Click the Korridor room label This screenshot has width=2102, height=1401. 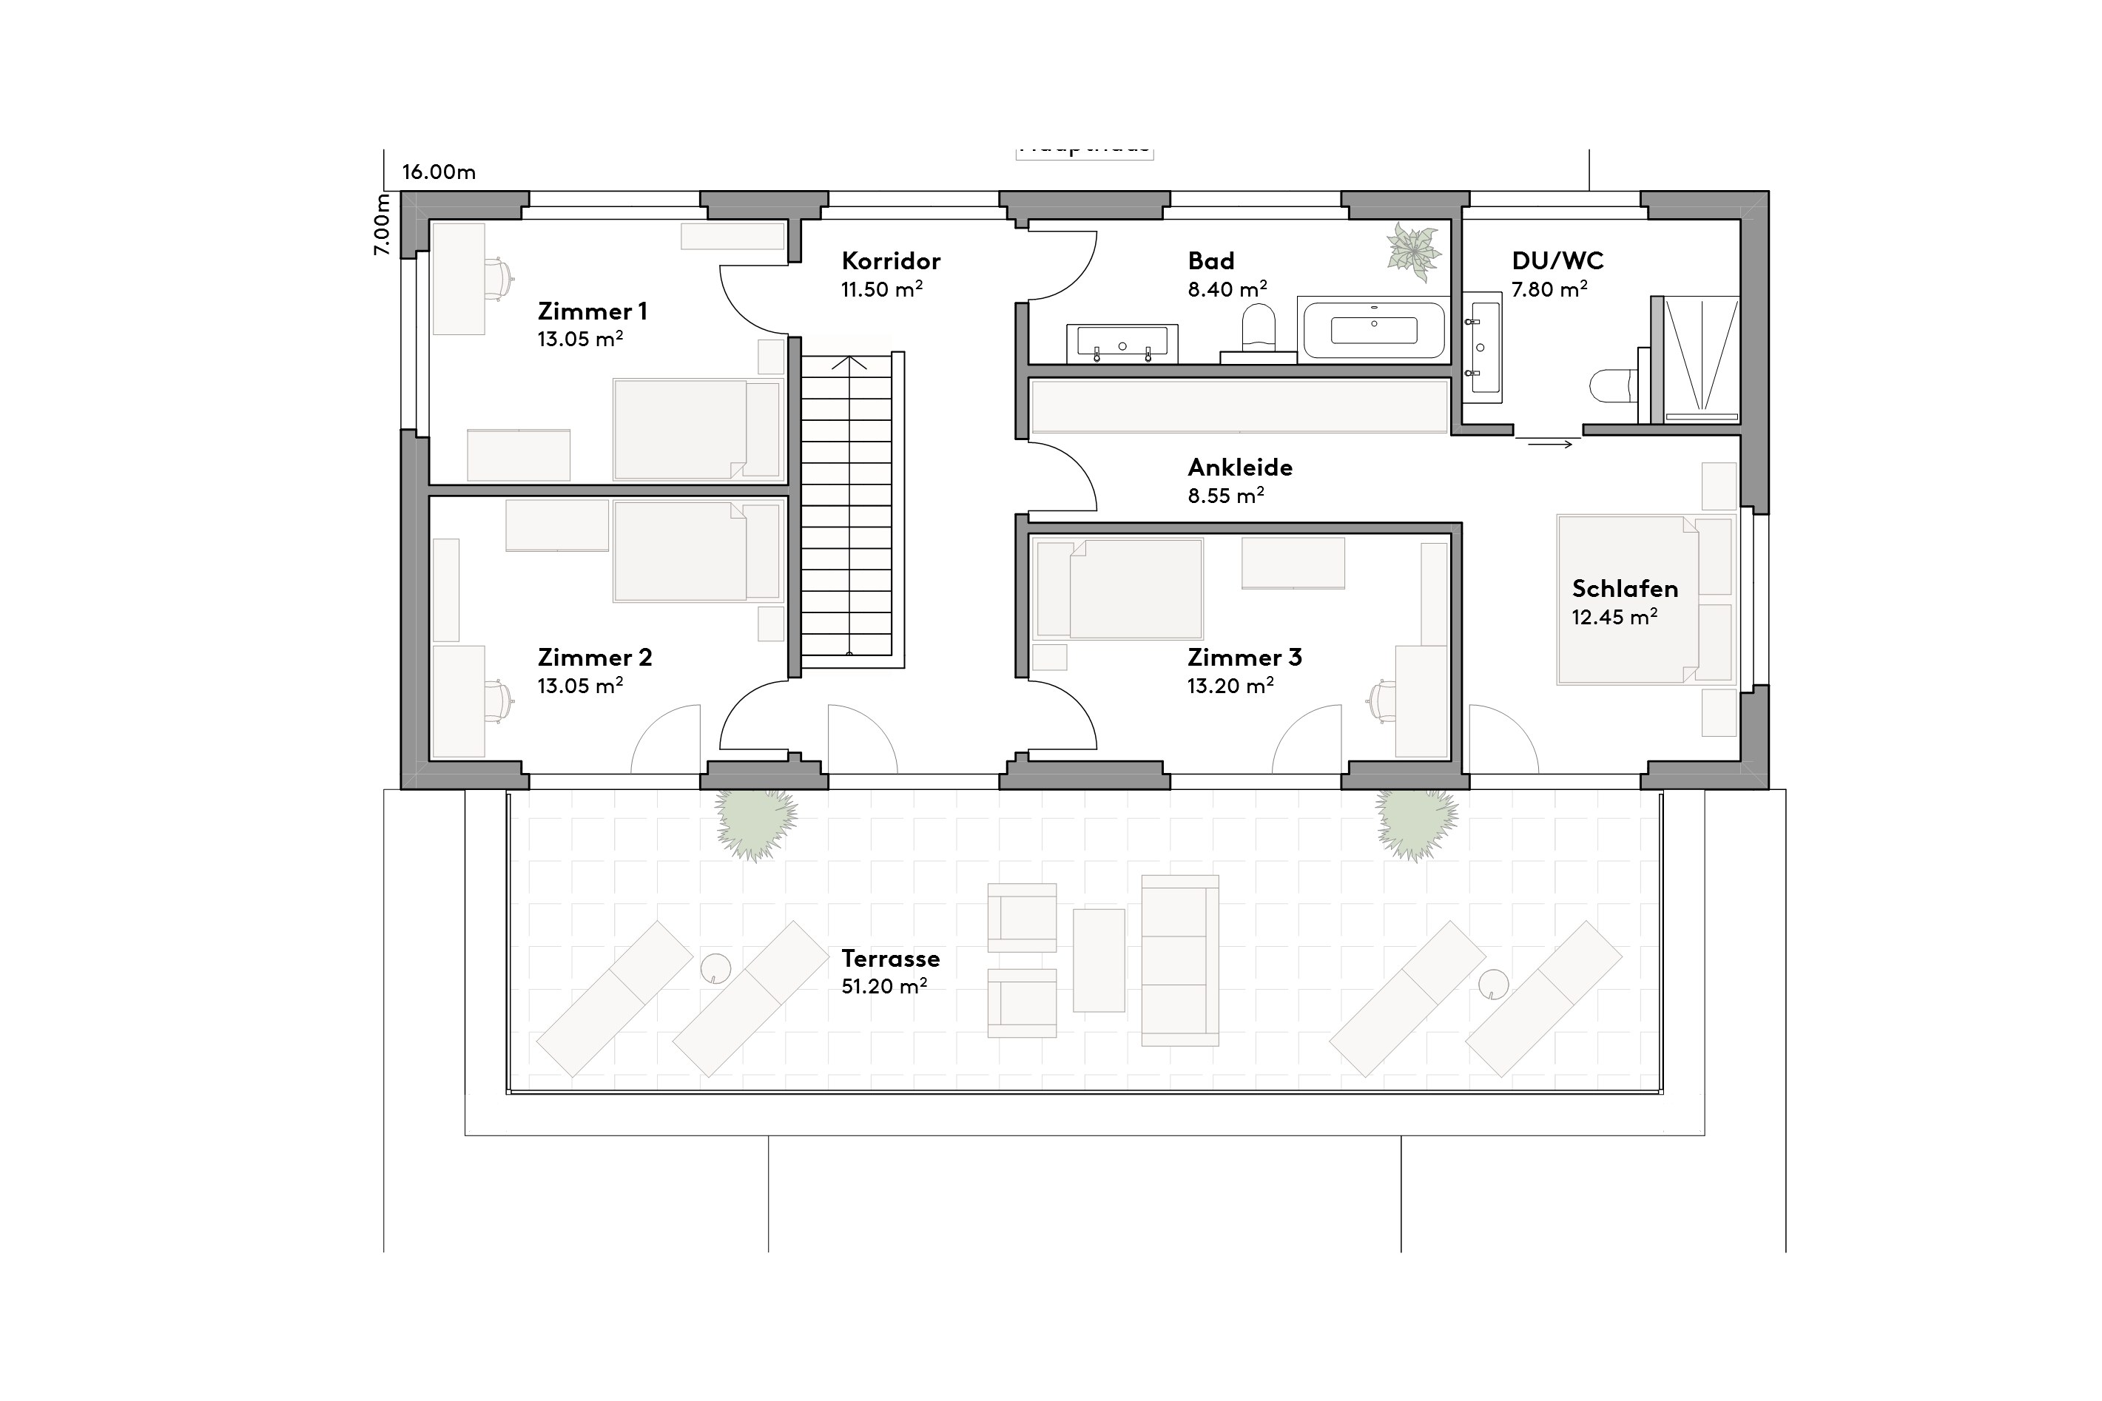(x=890, y=261)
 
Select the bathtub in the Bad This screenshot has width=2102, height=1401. (x=1374, y=330)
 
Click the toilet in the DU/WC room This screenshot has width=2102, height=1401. (x=1611, y=388)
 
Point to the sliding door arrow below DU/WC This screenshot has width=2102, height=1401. (x=1550, y=443)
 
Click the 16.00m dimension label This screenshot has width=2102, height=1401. (x=439, y=172)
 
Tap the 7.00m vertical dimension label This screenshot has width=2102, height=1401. (x=382, y=224)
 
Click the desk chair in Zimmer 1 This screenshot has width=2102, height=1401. (x=500, y=277)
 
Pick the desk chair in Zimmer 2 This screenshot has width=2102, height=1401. (x=499, y=700)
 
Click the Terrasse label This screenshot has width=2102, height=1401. (x=890, y=959)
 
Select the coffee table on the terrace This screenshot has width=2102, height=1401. (x=1099, y=961)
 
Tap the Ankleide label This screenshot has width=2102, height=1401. (x=1239, y=467)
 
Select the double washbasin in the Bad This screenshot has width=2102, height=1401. (x=1122, y=343)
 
